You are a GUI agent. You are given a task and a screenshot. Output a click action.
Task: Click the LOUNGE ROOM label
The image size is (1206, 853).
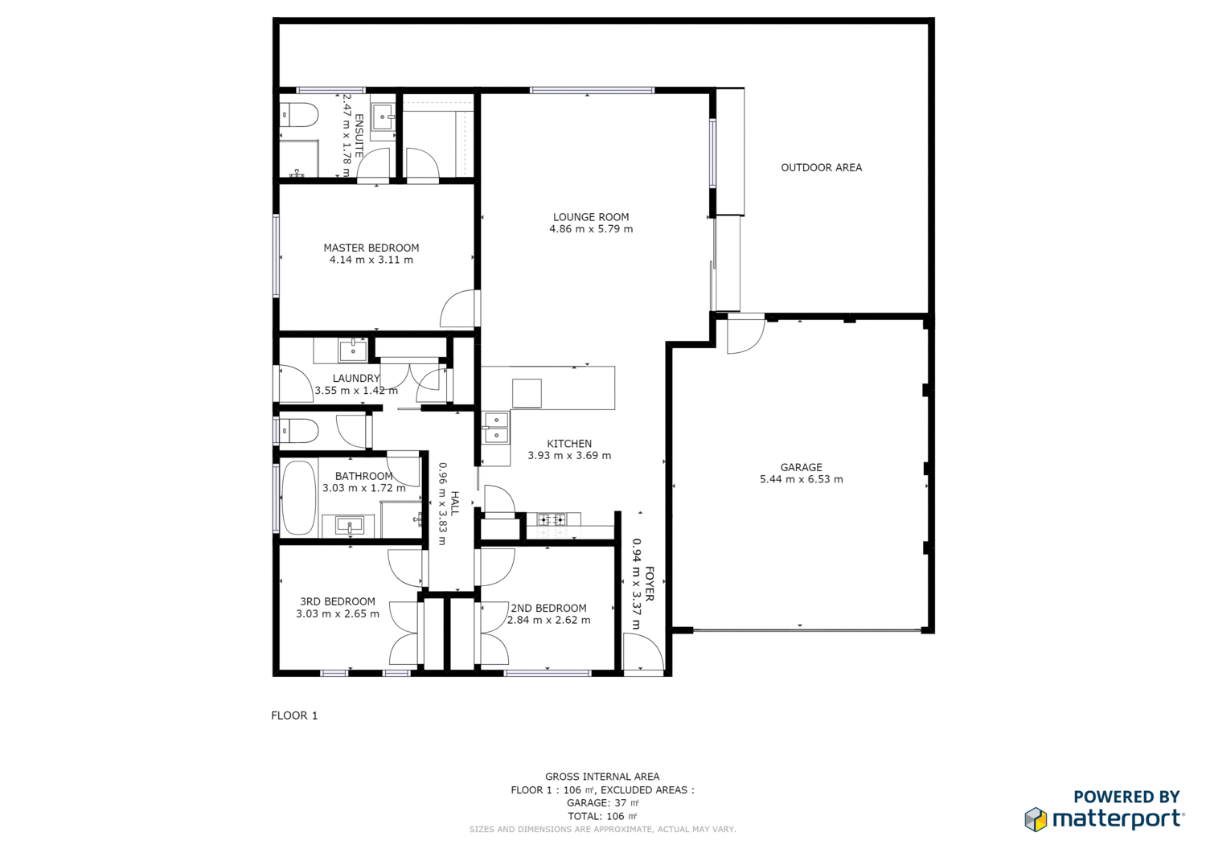pyautogui.click(x=591, y=217)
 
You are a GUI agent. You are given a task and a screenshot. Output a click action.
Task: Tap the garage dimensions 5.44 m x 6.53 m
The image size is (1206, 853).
pyautogui.click(x=801, y=479)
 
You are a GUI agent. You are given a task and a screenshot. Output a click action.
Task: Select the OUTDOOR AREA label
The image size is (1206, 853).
pyautogui.click(x=821, y=167)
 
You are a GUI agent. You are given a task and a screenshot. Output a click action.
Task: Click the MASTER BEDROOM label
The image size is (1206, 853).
pyautogui.click(x=371, y=248)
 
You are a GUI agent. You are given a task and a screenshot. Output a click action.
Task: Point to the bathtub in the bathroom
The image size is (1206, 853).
pyautogui.click(x=298, y=497)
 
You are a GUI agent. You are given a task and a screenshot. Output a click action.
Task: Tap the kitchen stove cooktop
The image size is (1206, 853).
pyautogui.click(x=552, y=520)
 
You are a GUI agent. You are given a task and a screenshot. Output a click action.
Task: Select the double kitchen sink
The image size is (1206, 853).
pyautogui.click(x=495, y=428)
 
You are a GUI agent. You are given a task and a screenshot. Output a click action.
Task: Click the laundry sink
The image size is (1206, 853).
pyautogui.click(x=352, y=351)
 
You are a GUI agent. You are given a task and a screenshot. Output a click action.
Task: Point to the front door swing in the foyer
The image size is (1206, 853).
pyautogui.click(x=643, y=652)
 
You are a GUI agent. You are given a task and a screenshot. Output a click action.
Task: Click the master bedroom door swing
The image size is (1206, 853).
pyautogui.click(x=460, y=309)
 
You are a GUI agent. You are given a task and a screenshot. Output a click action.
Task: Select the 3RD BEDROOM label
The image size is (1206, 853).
pyautogui.click(x=337, y=601)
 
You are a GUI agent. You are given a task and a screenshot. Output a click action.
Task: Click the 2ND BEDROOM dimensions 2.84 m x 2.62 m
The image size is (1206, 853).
pyautogui.click(x=548, y=620)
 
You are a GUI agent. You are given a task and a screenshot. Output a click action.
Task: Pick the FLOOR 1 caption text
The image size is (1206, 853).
pyautogui.click(x=294, y=716)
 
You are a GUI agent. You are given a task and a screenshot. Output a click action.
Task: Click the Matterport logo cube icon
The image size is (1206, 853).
pyautogui.click(x=1036, y=819)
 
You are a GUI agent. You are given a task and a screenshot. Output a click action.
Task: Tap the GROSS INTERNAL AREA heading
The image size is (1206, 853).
pyautogui.click(x=602, y=777)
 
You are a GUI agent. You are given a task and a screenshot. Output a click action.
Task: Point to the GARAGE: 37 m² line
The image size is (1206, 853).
pyautogui.click(x=602, y=803)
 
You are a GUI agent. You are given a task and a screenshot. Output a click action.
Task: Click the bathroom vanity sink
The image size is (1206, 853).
pyautogui.click(x=350, y=526)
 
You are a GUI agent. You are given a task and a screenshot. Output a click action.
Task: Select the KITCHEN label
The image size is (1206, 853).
pyautogui.click(x=569, y=444)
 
